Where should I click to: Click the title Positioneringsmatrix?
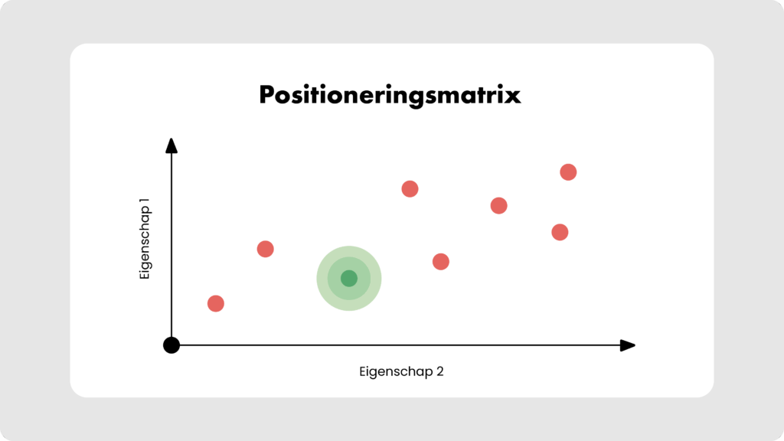(x=390, y=95)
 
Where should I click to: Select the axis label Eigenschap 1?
(x=145, y=239)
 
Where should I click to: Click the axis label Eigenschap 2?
(x=401, y=372)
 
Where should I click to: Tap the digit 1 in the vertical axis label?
(x=145, y=201)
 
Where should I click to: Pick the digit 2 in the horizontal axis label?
(x=439, y=371)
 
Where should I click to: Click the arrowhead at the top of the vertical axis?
(x=171, y=145)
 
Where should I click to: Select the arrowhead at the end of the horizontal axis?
(x=628, y=345)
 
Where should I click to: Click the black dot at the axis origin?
(x=171, y=345)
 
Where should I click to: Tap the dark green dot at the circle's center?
(x=349, y=279)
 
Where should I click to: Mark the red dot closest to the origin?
(x=216, y=303)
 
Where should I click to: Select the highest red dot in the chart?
(x=568, y=172)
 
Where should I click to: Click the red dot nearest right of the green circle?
(x=440, y=262)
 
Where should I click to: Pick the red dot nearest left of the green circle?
(x=266, y=249)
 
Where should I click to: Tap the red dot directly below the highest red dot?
(x=560, y=232)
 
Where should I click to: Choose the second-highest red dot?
(x=410, y=189)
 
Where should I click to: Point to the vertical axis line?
(x=171, y=245)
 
